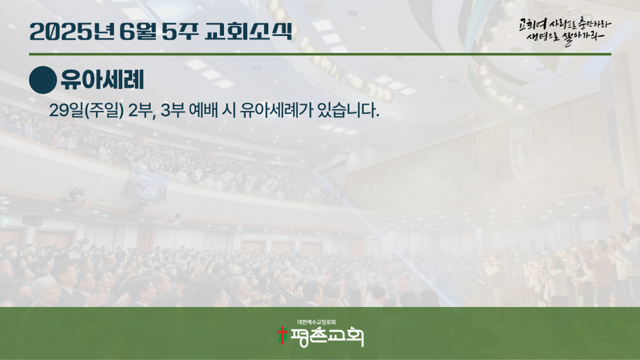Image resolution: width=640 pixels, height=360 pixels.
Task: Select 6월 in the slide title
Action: pos(138,31)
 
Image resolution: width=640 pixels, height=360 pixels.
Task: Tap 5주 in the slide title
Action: pos(180,31)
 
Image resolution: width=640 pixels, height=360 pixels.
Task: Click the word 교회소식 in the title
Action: pos(248,31)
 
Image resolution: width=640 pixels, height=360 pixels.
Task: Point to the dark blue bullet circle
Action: pos(43,80)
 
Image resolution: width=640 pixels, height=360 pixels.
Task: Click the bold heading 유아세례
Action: pos(102,80)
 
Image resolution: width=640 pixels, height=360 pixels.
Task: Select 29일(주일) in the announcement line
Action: pos(86,110)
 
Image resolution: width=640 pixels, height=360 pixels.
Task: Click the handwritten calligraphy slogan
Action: pos(565,31)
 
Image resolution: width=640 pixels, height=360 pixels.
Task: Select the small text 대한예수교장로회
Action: pos(317,322)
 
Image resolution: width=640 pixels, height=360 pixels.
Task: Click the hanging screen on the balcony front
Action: pos(147,185)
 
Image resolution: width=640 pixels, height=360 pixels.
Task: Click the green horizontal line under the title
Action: pos(320,54)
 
